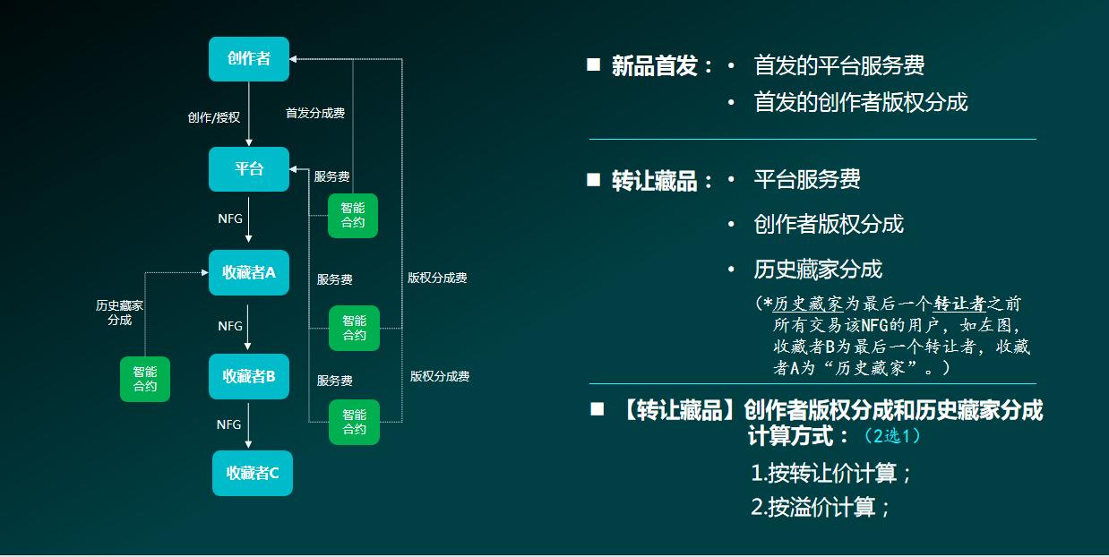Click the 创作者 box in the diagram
249,59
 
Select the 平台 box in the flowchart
249,169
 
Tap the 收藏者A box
249,273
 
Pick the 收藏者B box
249,377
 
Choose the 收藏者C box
253,473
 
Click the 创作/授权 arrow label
213,117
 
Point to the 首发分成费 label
315,114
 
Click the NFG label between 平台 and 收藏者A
230,219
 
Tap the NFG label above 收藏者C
229,424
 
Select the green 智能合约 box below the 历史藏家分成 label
145,379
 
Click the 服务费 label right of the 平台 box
331,176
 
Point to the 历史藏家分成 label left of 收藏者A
120,313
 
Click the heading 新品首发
654,66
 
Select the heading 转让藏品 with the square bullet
654,181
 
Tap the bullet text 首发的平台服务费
838,65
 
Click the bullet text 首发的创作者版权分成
860,102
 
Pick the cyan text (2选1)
892,436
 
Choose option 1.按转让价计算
830,474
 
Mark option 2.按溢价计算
821,508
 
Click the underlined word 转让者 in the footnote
959,304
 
